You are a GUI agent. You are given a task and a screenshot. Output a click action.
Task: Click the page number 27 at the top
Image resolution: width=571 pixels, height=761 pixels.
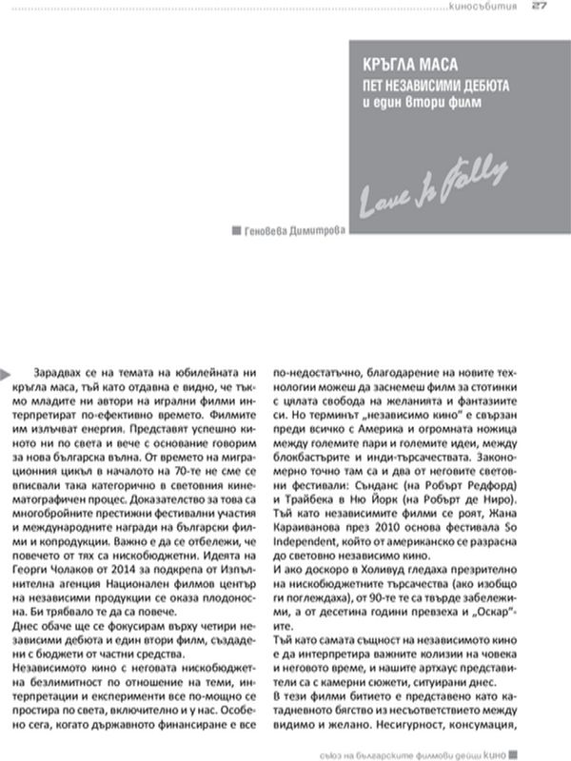(539, 7)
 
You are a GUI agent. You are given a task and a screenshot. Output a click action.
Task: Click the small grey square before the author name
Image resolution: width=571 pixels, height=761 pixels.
(237, 230)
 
